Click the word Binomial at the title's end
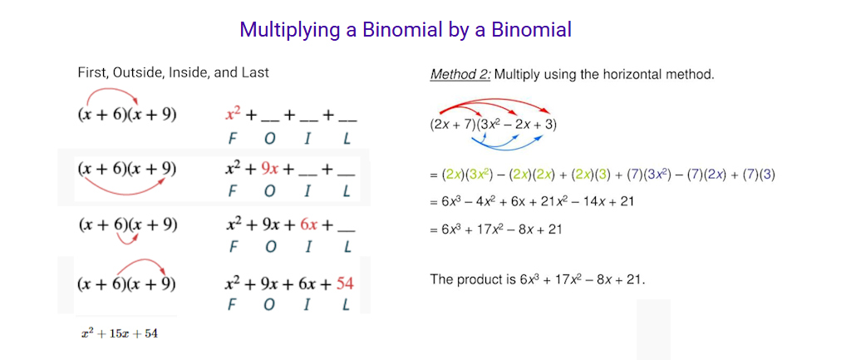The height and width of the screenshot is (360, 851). tap(532, 29)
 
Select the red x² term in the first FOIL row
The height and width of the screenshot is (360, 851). tap(234, 115)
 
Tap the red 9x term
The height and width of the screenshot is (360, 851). tap(270, 169)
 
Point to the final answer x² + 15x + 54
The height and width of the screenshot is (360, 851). tap(120, 333)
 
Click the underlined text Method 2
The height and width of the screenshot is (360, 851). tap(460, 74)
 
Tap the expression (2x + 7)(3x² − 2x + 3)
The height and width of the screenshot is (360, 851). tap(494, 125)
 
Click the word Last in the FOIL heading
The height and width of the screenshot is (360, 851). tap(258, 72)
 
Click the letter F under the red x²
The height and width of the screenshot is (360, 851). tap(233, 139)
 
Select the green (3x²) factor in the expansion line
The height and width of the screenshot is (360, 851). tap(480, 175)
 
